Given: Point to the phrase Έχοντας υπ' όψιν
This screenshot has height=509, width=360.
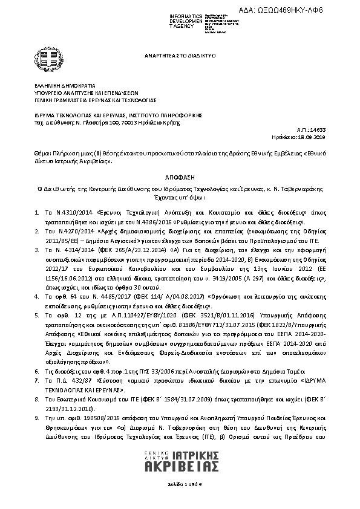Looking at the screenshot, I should point(180,197).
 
